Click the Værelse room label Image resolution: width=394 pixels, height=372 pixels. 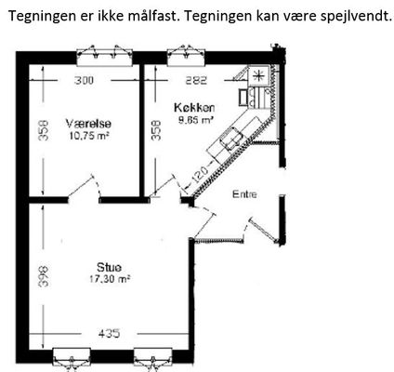[88, 124]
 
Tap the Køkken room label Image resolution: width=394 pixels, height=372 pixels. [194, 108]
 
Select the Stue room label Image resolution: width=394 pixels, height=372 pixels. [109, 267]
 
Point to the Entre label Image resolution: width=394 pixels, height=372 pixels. [244, 194]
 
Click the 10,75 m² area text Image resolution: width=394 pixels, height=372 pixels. [89, 136]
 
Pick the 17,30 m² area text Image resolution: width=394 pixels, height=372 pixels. [110, 279]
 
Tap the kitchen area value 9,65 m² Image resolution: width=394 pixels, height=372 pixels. [196, 120]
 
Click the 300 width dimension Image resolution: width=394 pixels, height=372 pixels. [84, 80]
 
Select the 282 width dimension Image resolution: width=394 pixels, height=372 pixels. [196, 80]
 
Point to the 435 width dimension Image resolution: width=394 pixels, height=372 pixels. [109, 334]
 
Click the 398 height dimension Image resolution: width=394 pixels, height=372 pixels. [44, 275]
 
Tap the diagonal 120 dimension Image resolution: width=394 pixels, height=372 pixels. [199, 174]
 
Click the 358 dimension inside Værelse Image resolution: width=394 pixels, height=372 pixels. [44, 130]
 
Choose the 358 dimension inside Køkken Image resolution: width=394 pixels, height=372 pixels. [156, 130]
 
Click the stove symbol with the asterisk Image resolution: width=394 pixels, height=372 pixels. [257, 75]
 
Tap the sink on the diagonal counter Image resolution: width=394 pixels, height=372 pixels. [231, 139]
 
